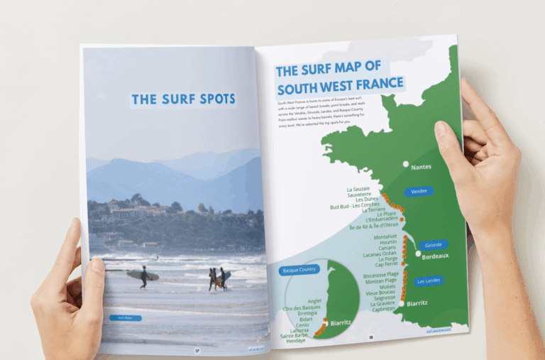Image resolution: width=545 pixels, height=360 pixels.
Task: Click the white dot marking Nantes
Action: [x=406, y=164]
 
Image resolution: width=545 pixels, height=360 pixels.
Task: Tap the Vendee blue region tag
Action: [x=419, y=191]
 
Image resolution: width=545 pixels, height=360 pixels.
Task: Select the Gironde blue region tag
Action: [x=432, y=245]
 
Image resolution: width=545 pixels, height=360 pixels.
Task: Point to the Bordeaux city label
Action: [x=435, y=256]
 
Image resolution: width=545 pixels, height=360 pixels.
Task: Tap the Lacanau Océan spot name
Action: [x=380, y=253]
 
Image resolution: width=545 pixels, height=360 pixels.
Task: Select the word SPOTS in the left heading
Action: [x=209, y=99]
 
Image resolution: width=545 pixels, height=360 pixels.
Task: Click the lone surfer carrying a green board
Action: [x=143, y=276]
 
